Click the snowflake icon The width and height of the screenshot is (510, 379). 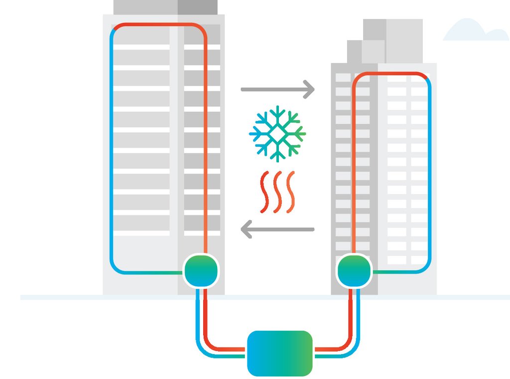click(277, 133)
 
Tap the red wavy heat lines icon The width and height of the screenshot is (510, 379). click(277, 191)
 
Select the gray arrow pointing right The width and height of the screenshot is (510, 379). click(277, 90)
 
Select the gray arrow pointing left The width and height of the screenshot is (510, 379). click(277, 230)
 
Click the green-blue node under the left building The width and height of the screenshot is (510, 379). click(201, 271)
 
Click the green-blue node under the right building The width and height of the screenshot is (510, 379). click(355, 271)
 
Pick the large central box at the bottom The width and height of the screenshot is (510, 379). click(280, 353)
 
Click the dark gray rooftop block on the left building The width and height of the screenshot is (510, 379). click(197, 7)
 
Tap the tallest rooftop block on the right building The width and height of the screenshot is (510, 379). click(403, 40)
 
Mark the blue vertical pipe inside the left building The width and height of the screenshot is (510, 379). click(112, 149)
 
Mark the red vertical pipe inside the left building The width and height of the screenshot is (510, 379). click(205, 149)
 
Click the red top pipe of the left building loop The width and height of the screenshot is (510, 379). click(159, 24)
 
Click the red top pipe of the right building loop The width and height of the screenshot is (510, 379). click(391, 74)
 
